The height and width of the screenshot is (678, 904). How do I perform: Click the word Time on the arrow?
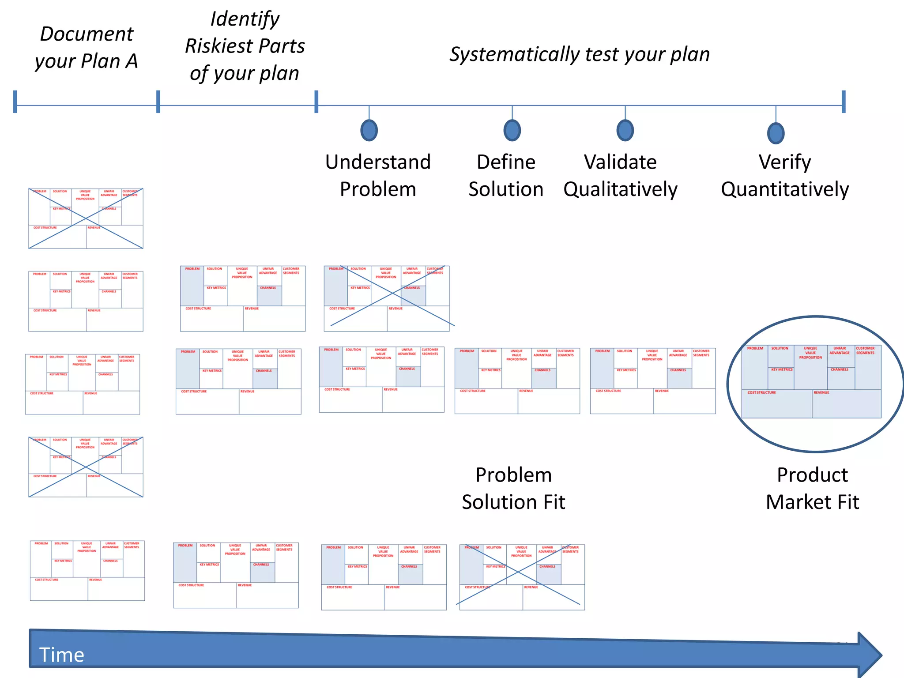(x=61, y=655)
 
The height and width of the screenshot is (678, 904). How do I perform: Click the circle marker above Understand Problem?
(x=369, y=130)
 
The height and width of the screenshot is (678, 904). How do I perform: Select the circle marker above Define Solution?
(x=512, y=130)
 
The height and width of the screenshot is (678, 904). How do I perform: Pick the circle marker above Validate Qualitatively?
(x=625, y=130)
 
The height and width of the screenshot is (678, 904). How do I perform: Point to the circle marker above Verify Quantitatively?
(x=776, y=133)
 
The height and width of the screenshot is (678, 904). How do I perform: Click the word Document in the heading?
(x=87, y=34)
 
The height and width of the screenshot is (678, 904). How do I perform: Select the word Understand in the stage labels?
(x=378, y=162)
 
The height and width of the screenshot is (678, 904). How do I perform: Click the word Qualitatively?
(x=620, y=189)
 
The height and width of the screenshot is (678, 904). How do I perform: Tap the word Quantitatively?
(x=785, y=189)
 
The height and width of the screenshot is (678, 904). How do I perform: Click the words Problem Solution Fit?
(x=513, y=489)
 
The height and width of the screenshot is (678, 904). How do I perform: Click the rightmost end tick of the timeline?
(x=843, y=102)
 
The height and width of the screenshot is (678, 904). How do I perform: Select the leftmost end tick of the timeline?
(x=15, y=102)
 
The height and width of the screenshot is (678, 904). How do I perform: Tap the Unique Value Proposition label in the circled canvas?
(x=810, y=353)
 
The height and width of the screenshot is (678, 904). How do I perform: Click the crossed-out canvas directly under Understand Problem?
(x=387, y=298)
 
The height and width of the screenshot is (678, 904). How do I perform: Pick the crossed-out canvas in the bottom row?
(x=522, y=577)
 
